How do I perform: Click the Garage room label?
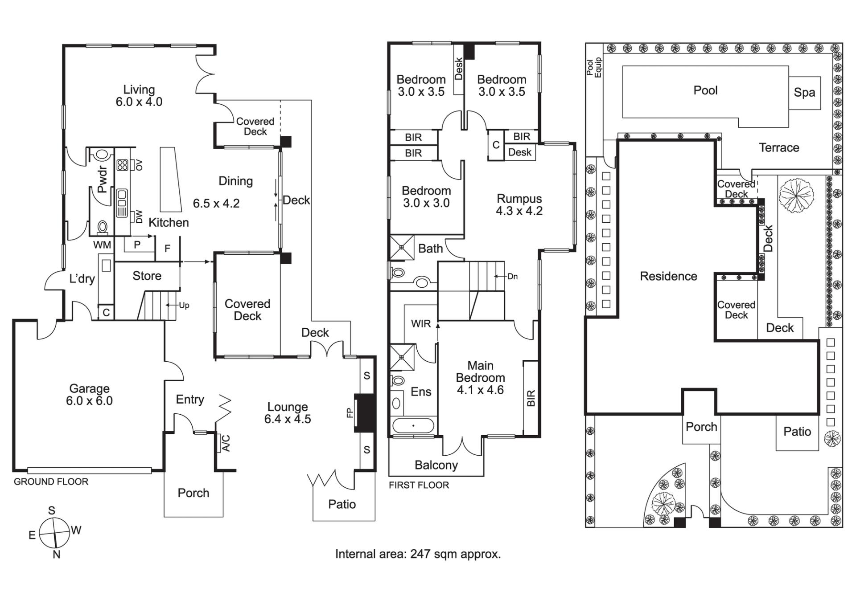click(89, 388)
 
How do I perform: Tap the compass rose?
click(55, 532)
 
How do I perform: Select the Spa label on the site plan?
click(804, 93)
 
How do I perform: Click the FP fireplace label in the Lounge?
click(350, 413)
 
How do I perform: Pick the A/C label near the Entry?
click(226, 443)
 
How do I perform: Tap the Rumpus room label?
click(519, 199)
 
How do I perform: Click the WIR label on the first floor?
click(421, 324)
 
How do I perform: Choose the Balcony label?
click(436, 465)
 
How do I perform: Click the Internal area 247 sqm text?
click(418, 554)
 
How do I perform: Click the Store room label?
click(147, 276)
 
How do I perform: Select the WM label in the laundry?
click(102, 245)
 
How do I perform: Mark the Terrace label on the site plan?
click(779, 148)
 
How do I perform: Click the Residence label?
click(668, 276)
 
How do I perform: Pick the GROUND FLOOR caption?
click(51, 482)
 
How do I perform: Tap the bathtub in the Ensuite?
click(413, 425)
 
